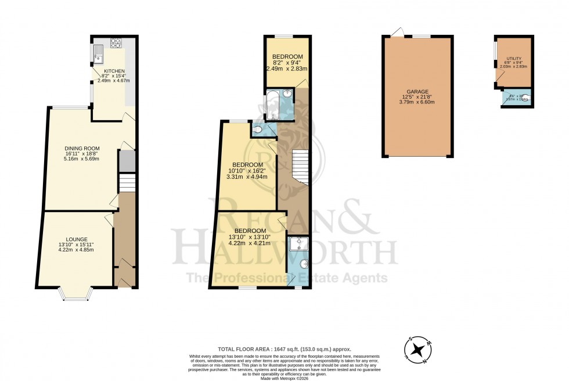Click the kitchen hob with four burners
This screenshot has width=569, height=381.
coord(115,42)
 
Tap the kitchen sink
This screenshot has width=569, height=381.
coord(98,57)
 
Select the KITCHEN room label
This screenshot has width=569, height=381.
coord(114,71)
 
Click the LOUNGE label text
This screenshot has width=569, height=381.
coord(77,239)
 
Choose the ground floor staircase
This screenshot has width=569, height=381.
coord(127,184)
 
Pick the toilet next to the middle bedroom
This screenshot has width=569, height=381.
coord(258,129)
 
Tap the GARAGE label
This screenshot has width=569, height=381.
coord(417,91)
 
